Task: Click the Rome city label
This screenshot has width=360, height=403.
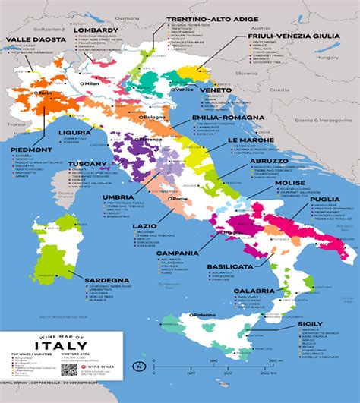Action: point(179,199)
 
